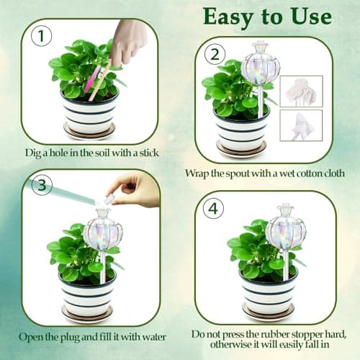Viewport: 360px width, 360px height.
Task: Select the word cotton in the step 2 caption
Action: tap(297, 173)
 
